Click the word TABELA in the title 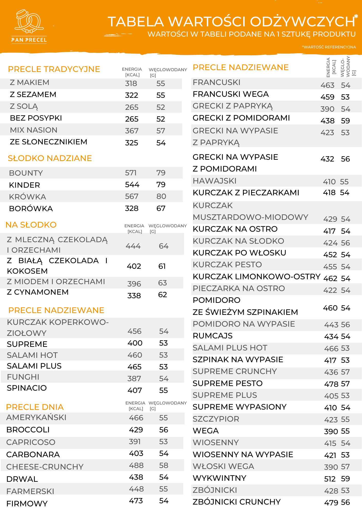coord(136,22)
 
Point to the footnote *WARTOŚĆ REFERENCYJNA coord(329,47)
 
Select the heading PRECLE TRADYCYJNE coord(54,69)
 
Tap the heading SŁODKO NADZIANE coord(50,158)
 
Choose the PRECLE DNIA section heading coord(35,407)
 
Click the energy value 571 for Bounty coord(131,173)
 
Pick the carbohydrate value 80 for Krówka coord(161,196)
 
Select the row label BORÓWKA coord(31,209)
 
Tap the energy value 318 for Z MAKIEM coord(131,83)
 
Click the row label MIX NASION coord(34,130)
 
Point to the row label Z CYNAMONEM coord(38,292)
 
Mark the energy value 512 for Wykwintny coord(330,479)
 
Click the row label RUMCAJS coord(212,336)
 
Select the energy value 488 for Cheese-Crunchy coord(136,465)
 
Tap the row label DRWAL coord(22,479)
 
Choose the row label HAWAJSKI coord(215,181)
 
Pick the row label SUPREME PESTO coord(228,383)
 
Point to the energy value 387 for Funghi coord(134,379)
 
